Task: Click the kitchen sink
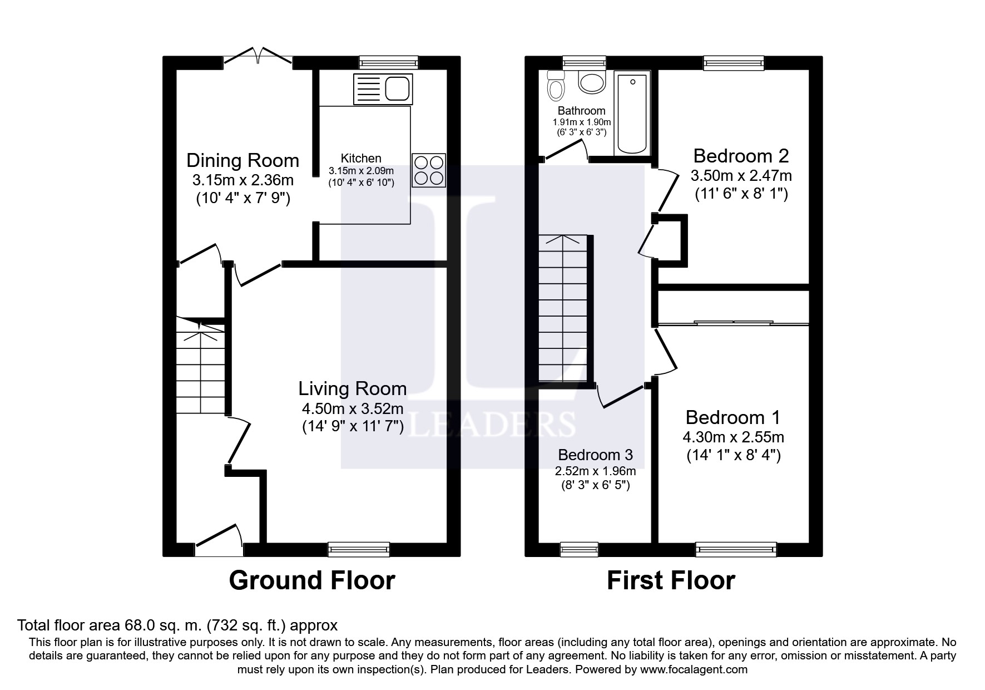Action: coord(383,89)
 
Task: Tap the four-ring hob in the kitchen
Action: coord(429,170)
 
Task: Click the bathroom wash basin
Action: coord(592,82)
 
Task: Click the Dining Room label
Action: coord(242,160)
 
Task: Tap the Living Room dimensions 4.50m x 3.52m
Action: coord(353,409)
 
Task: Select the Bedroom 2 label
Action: coord(741,155)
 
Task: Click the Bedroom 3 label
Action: coord(595,455)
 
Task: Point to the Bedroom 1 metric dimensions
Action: coord(733,437)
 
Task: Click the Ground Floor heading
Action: coord(312,580)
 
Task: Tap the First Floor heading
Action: coord(671,580)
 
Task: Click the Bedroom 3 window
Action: coord(579,549)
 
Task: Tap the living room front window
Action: coord(359,549)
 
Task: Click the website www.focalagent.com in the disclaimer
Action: coord(694,669)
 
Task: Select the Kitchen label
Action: coord(361,159)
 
